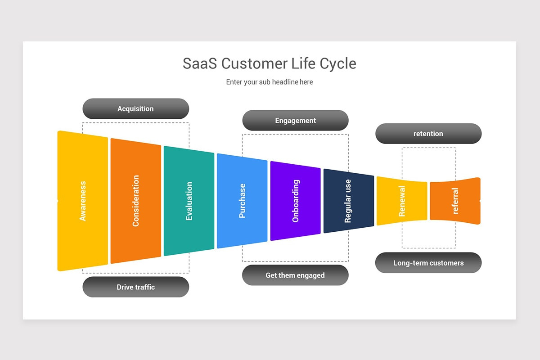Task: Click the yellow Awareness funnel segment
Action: point(83,201)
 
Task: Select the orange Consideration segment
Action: point(135,201)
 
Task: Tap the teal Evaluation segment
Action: point(189,201)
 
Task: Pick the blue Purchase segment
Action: point(242,201)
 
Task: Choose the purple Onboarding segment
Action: point(295,201)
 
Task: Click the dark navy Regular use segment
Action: point(348,201)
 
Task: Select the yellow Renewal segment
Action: point(402,201)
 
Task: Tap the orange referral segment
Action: point(455,201)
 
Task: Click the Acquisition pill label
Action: point(135,109)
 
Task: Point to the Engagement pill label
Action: point(295,121)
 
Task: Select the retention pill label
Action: point(428,134)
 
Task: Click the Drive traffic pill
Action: point(135,287)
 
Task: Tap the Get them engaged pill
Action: point(295,275)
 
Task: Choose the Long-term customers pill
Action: point(428,263)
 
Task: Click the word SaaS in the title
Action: point(200,63)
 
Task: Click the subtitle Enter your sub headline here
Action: point(270,82)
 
